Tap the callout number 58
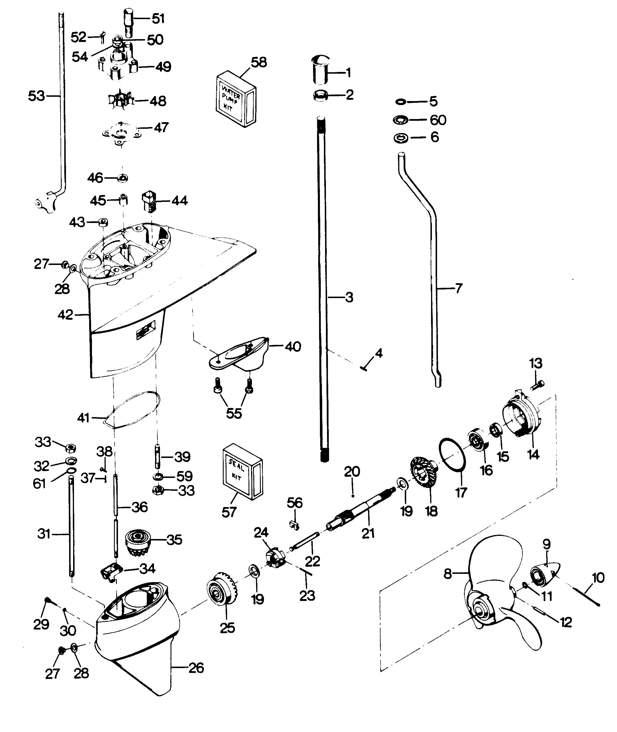[x=259, y=62]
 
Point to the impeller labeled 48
[x=120, y=101]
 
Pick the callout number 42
[x=65, y=315]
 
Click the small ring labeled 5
[x=400, y=102]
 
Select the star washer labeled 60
[x=401, y=120]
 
